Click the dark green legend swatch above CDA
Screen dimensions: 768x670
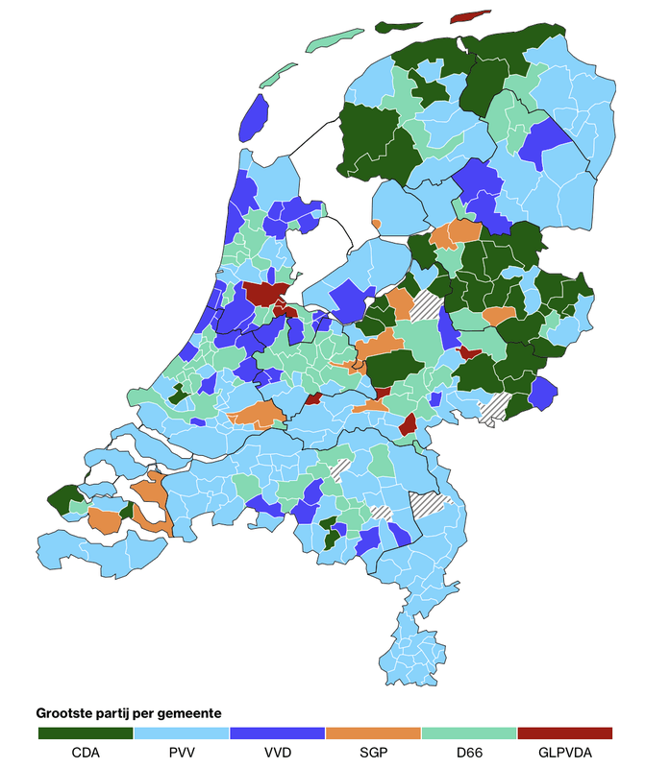click(86, 733)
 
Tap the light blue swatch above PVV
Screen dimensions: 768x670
click(181, 733)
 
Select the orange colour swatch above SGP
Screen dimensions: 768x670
click(373, 733)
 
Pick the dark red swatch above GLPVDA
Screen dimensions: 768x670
click(564, 733)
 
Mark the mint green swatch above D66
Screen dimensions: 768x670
click(468, 733)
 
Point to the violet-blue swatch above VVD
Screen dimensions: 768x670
click(277, 733)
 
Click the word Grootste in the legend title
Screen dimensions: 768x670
click(66, 713)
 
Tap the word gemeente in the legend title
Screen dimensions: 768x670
click(191, 713)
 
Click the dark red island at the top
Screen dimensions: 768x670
click(470, 16)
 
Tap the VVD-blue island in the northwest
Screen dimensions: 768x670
click(252, 117)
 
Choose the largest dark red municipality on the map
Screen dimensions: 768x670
click(261, 295)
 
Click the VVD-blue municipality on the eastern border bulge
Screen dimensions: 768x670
click(543, 392)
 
